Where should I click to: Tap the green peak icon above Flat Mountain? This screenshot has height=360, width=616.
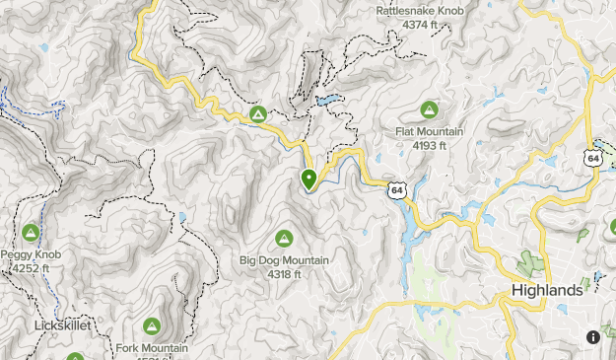tap(429, 109)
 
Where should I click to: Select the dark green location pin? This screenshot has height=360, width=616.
tap(308, 179)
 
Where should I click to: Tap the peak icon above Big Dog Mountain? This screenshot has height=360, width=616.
tap(284, 238)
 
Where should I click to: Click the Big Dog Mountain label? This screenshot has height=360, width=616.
tap(284, 260)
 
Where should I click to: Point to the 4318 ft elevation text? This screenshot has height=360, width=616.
tap(284, 273)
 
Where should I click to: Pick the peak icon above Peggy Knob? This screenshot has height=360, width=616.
tap(30, 233)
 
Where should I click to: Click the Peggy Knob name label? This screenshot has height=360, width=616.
tap(30, 254)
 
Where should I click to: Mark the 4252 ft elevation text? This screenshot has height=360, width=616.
tap(30, 267)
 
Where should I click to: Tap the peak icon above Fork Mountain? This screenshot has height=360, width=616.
tap(152, 325)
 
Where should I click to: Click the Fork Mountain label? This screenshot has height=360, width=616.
tap(152, 348)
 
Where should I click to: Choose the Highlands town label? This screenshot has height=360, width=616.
tap(547, 291)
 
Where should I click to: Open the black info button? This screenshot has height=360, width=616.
tap(593, 337)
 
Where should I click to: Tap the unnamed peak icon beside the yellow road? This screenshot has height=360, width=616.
tap(258, 115)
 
